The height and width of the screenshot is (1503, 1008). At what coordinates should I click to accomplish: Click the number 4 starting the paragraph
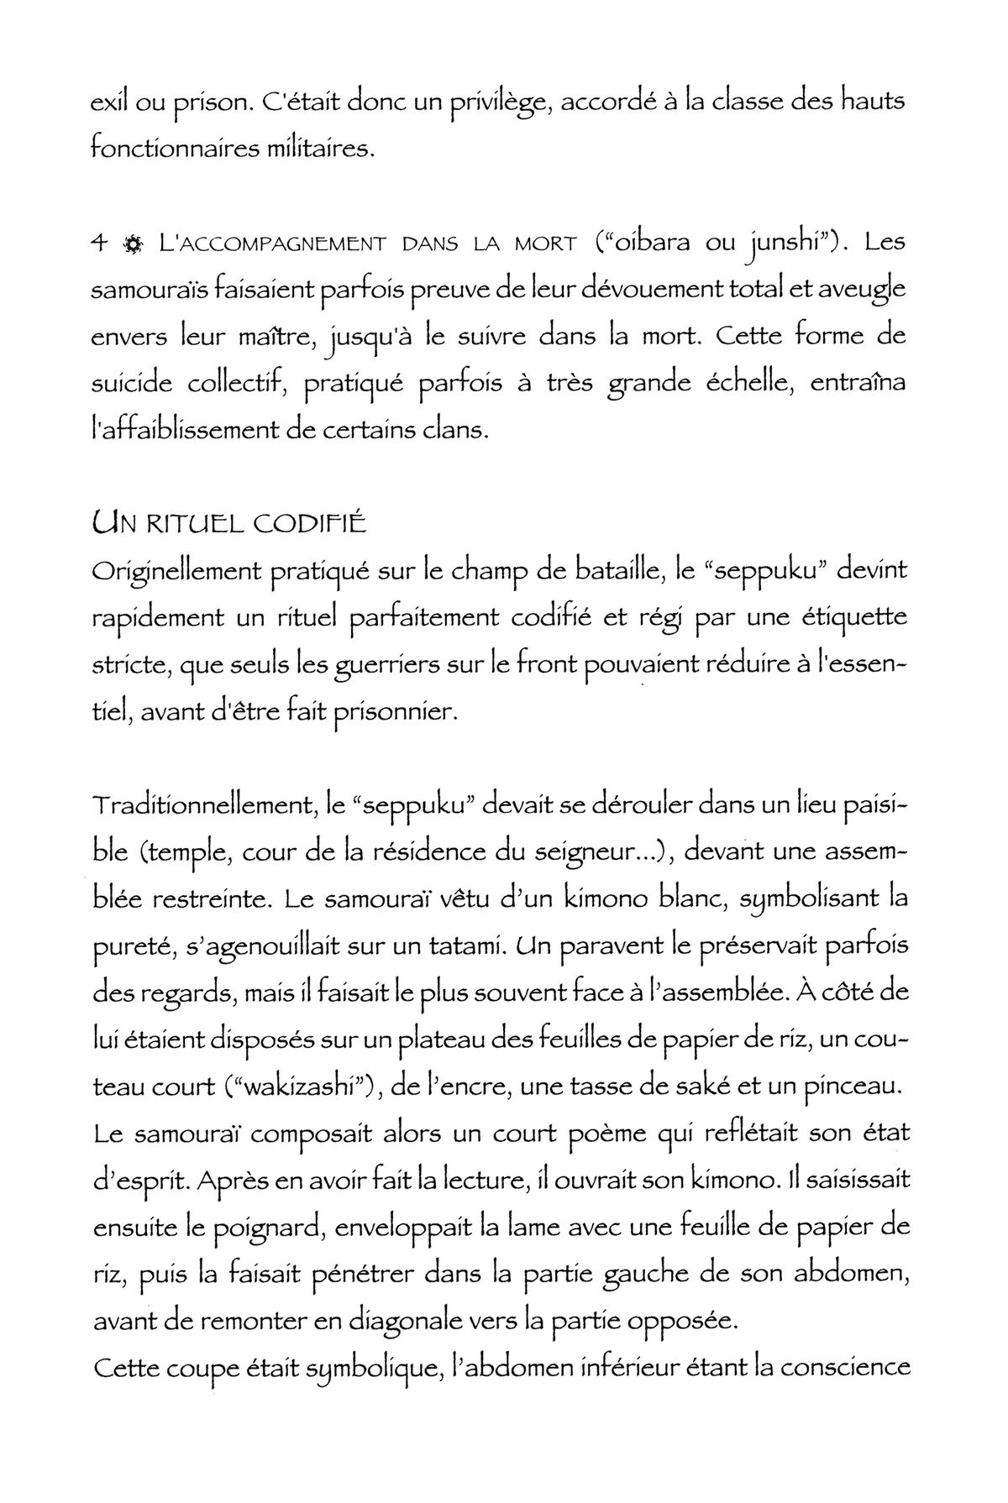[x=99, y=245]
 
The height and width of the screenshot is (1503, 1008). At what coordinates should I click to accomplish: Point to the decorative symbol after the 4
[x=131, y=246]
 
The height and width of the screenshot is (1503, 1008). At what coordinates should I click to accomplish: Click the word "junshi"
[x=785, y=245]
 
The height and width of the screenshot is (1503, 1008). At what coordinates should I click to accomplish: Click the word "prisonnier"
[x=395, y=714]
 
